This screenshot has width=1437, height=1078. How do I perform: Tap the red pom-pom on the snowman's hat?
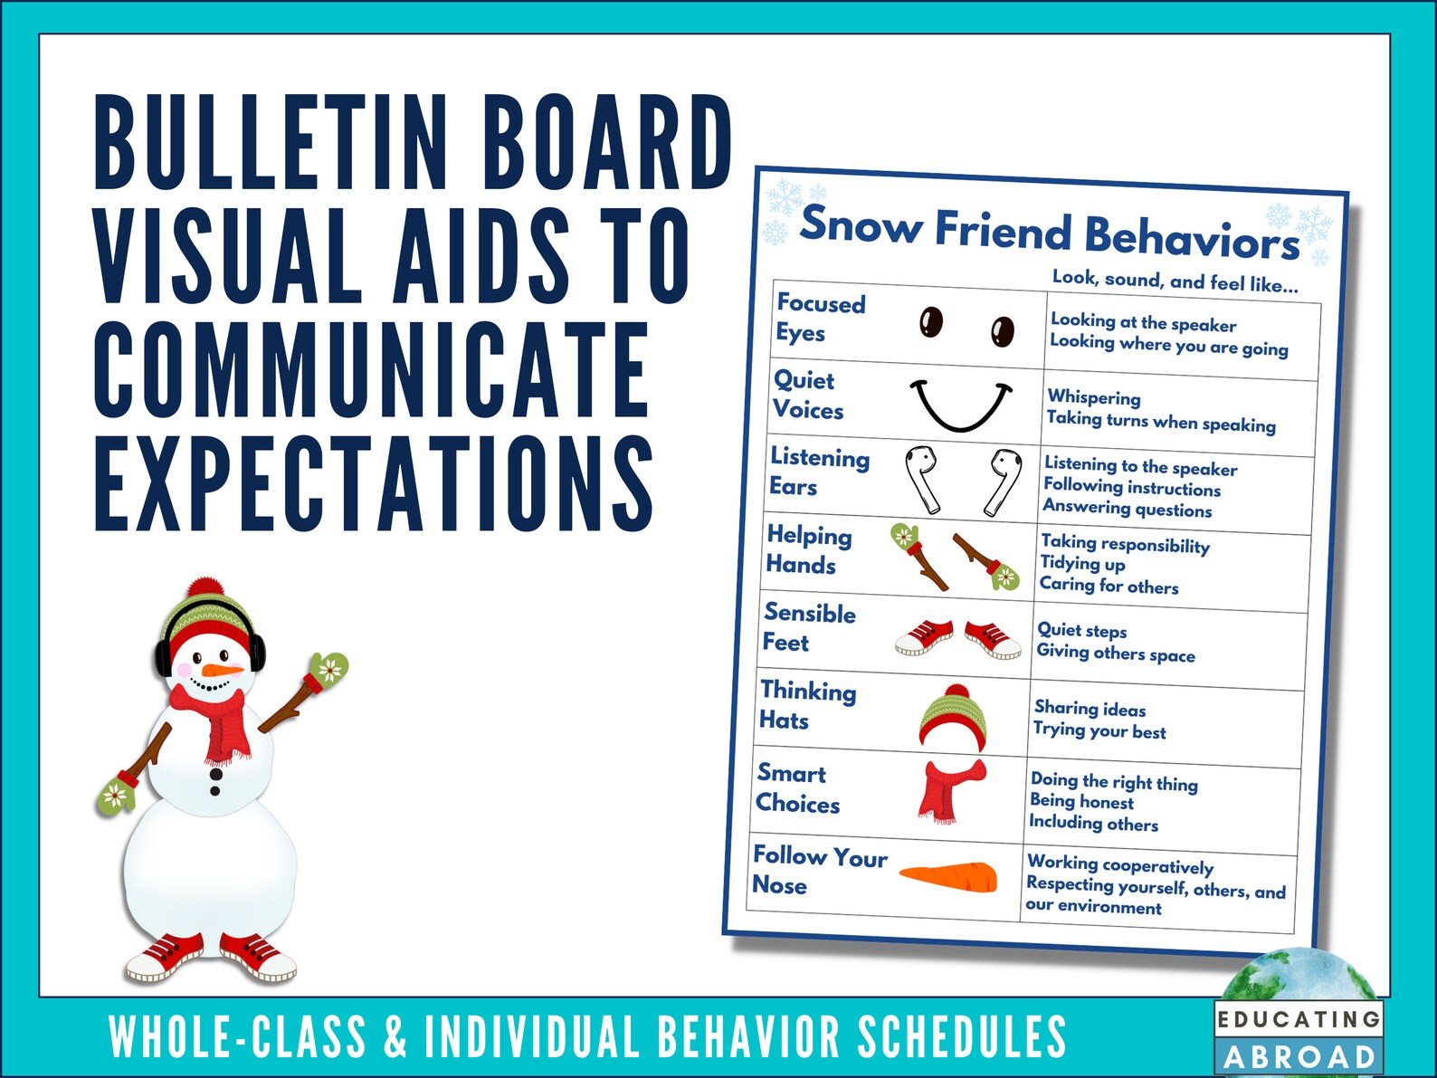pyautogui.click(x=207, y=589)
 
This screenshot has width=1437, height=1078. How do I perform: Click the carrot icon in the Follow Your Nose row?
pyautogui.click(x=949, y=876)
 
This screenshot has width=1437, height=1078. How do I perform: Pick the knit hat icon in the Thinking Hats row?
pyautogui.click(x=954, y=717)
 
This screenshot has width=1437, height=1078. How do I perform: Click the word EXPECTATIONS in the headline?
pyautogui.click(x=374, y=484)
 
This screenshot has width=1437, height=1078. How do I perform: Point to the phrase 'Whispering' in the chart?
pyautogui.click(x=1094, y=397)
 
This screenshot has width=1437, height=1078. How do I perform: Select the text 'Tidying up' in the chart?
pyautogui.click(x=1082, y=564)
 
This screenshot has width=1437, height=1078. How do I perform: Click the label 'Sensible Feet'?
pyautogui.click(x=808, y=627)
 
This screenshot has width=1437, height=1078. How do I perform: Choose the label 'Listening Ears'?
pyautogui.click(x=819, y=471)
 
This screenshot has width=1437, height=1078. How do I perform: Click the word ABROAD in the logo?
pyautogui.click(x=1299, y=1057)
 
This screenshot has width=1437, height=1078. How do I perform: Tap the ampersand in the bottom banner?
pyautogui.click(x=395, y=1037)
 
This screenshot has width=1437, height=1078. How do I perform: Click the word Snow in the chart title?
pyautogui.click(x=860, y=224)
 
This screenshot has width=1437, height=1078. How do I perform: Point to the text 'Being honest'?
pyautogui.click(x=1081, y=802)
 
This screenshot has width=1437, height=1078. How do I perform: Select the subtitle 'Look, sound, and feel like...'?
pyautogui.click(x=1175, y=281)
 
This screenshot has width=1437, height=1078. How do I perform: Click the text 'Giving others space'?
pyautogui.click(x=1116, y=653)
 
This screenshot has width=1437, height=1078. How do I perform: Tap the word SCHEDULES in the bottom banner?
pyautogui.click(x=962, y=1037)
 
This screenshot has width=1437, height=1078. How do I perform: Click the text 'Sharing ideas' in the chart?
pyautogui.click(x=1090, y=709)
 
